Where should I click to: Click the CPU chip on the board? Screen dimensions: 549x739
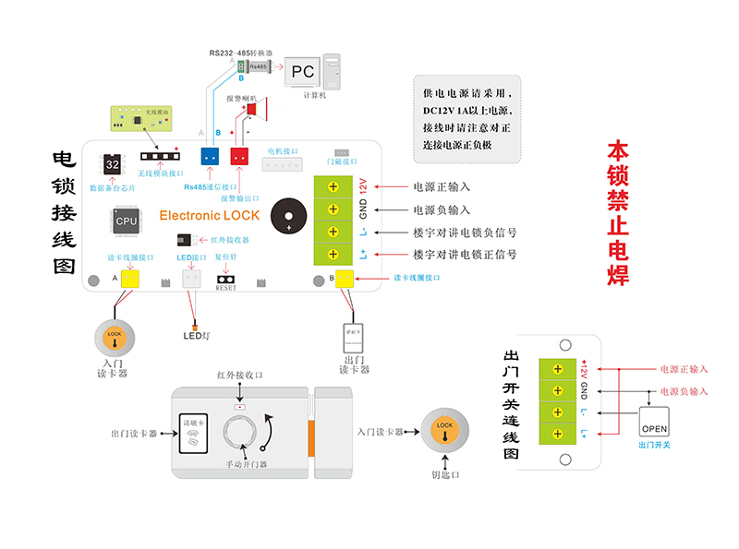pos(127,221)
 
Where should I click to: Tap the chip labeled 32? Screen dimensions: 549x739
pos(113,163)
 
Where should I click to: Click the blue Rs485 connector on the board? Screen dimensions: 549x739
pos(211,157)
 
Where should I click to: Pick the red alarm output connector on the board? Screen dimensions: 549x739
pos(240,157)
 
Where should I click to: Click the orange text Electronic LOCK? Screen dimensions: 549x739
pos(210,216)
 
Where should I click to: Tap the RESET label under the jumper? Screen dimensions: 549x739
pos(226,288)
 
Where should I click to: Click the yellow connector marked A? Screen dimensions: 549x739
pos(130,278)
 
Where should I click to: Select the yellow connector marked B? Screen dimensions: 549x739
pos(344,278)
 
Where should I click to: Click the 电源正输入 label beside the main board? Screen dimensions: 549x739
pos(441,186)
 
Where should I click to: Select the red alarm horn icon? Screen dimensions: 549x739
pos(255,111)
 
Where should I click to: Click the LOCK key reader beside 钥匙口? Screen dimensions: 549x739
pos(444,434)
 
